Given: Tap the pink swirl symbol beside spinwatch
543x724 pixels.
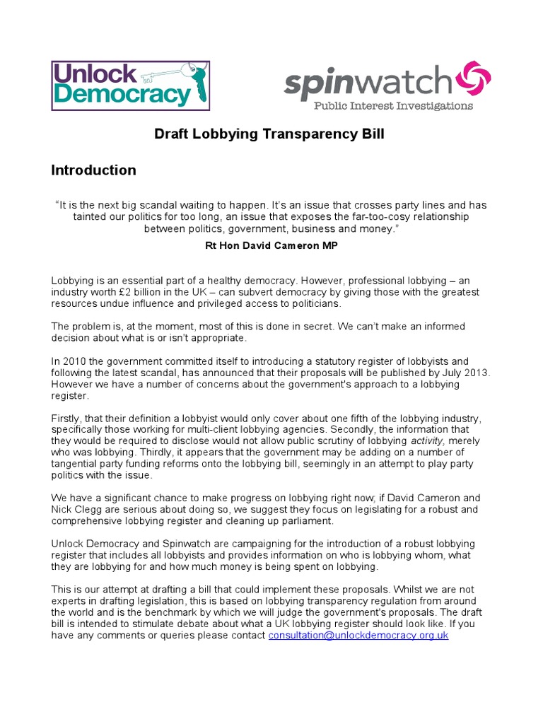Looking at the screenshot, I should (x=473, y=79).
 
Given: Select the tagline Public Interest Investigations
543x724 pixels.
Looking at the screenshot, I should (x=393, y=106).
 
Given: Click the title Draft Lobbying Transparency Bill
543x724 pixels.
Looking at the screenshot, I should (x=269, y=134).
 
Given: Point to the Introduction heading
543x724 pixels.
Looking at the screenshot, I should (x=93, y=170).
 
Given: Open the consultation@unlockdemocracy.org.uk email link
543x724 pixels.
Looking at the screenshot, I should (x=358, y=636).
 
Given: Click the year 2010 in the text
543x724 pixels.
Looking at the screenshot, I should (x=74, y=361).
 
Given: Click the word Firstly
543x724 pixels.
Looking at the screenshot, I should (x=66, y=419).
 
